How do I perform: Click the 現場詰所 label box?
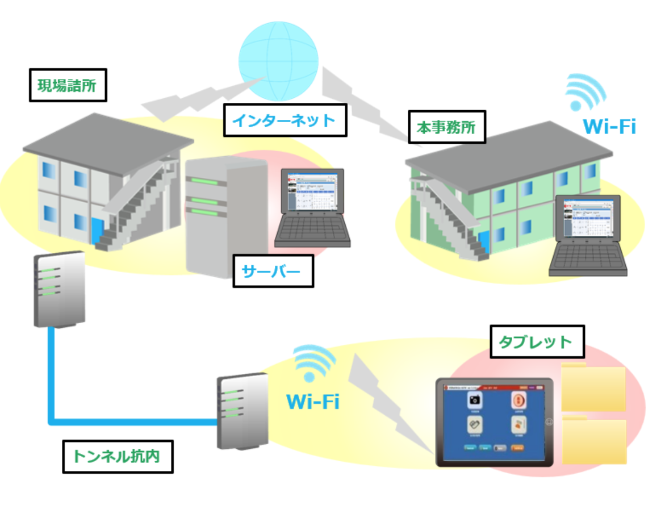coord(67,86)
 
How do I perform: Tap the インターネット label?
coord(285,120)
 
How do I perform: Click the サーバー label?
coord(274,271)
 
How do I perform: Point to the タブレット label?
coord(534,342)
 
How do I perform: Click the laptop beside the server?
coord(312,207)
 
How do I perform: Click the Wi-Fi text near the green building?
coord(609,126)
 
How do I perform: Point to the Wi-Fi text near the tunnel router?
coord(313,402)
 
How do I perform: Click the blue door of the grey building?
coord(97,231)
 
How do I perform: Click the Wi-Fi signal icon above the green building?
coord(585,93)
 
